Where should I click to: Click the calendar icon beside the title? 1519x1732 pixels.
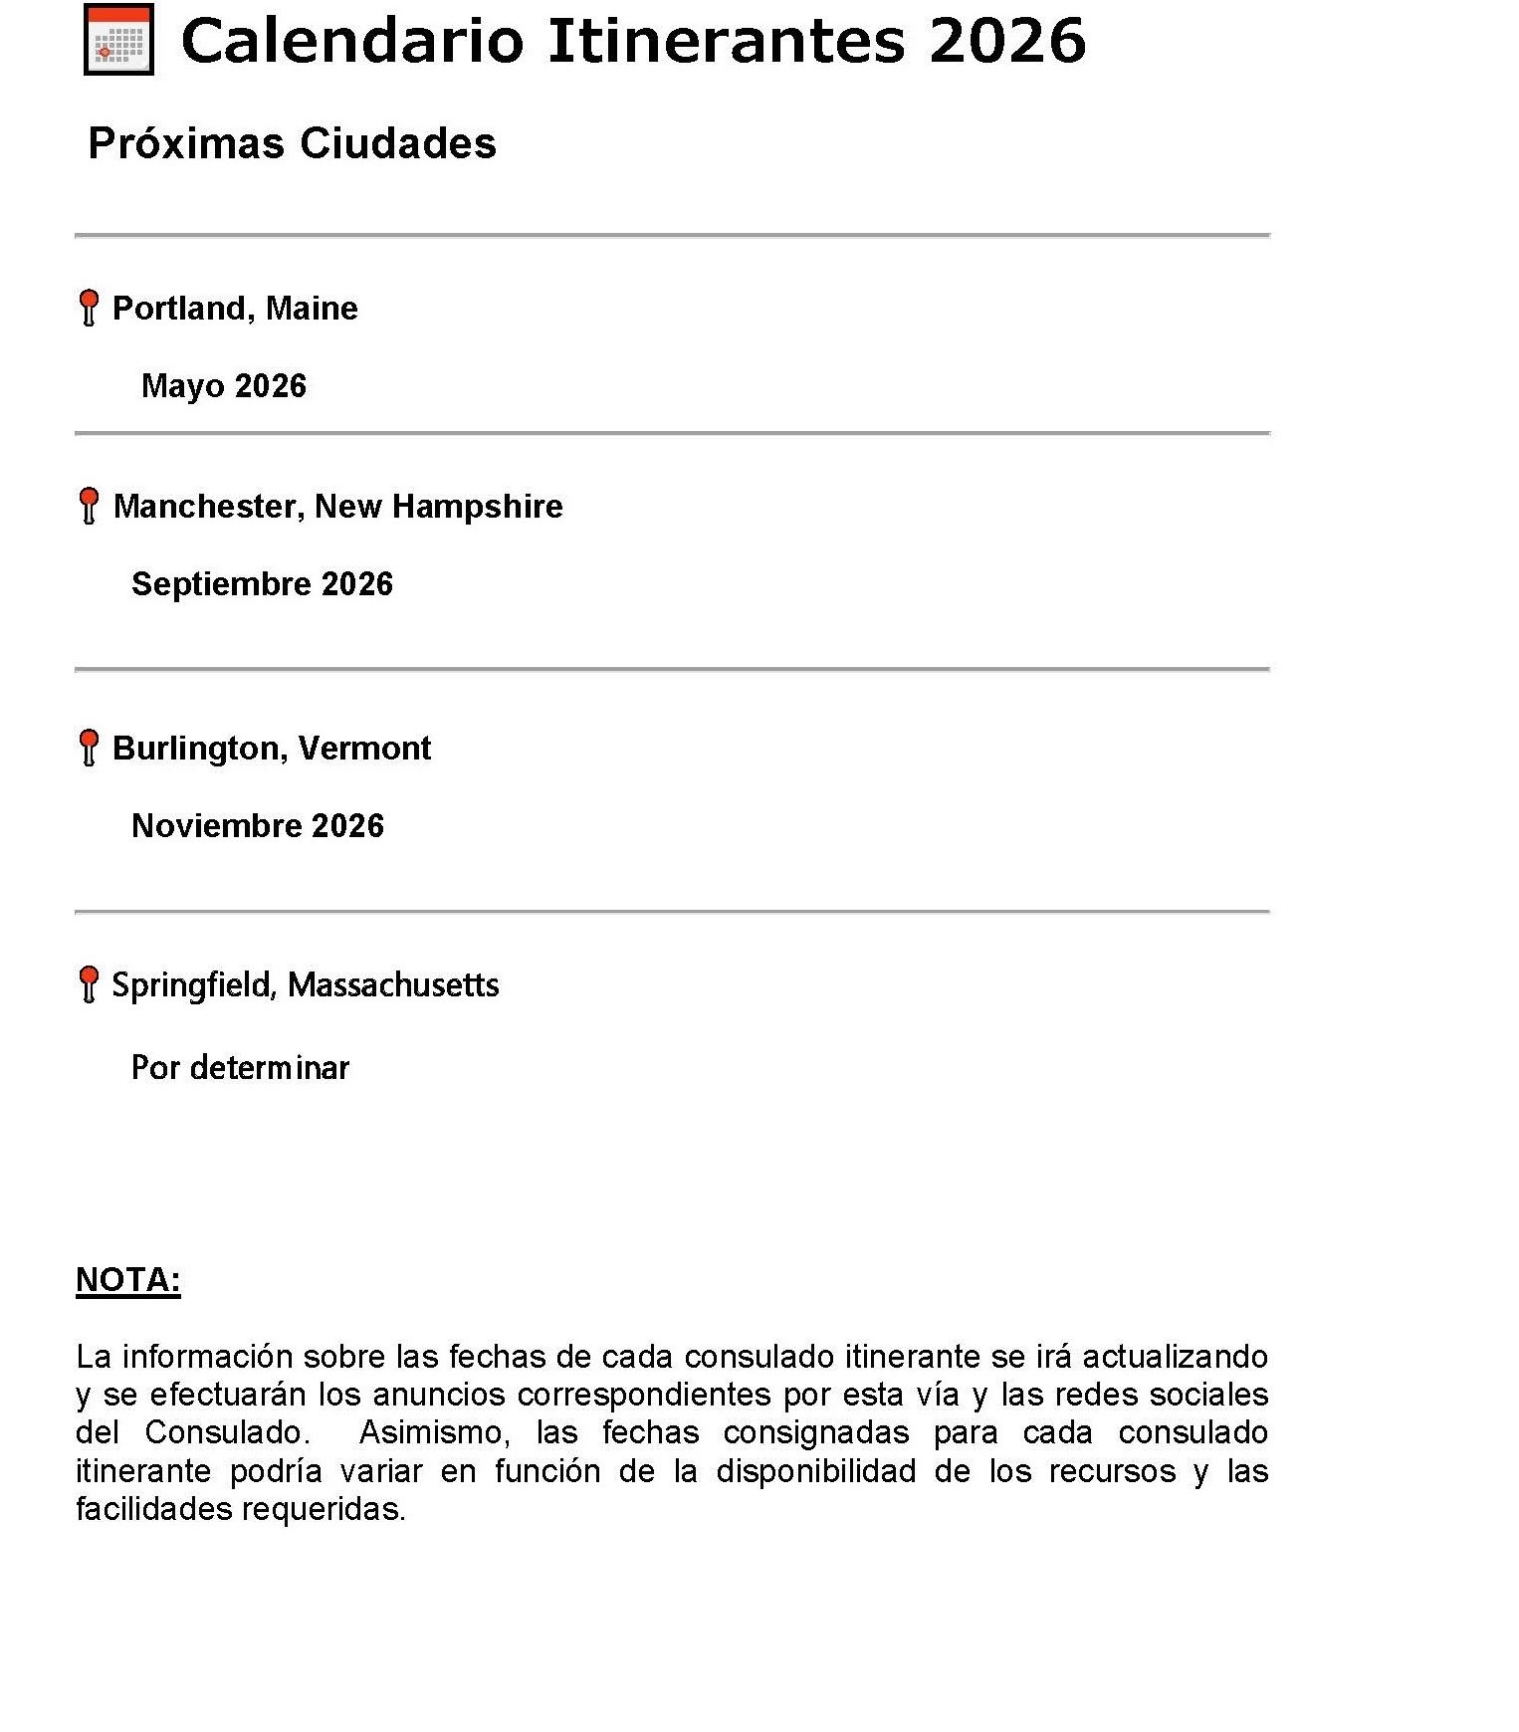pos(118,40)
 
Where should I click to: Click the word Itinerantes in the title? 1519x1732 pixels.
pos(727,41)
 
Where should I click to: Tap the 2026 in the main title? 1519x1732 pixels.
pos(1006,41)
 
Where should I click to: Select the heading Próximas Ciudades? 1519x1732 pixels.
pos(292,143)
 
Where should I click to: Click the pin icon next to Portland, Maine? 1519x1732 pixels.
pos(89,307)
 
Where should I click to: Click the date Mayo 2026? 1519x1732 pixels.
pos(224,385)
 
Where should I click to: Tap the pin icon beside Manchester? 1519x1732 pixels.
pos(89,505)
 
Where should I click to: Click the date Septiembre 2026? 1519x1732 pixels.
pos(262,583)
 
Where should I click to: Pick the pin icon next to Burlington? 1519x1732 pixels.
pos(89,747)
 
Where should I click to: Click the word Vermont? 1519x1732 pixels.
pos(364,748)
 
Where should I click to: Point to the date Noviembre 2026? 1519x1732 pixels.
pos(258,825)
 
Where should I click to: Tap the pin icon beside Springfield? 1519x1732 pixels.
pos(89,983)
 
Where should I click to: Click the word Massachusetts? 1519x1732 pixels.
pos(393,985)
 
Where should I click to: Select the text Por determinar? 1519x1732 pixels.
pos(240,1067)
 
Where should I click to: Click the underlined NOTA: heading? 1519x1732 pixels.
pos(128,1280)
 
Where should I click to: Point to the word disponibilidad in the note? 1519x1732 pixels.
pos(815,1471)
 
